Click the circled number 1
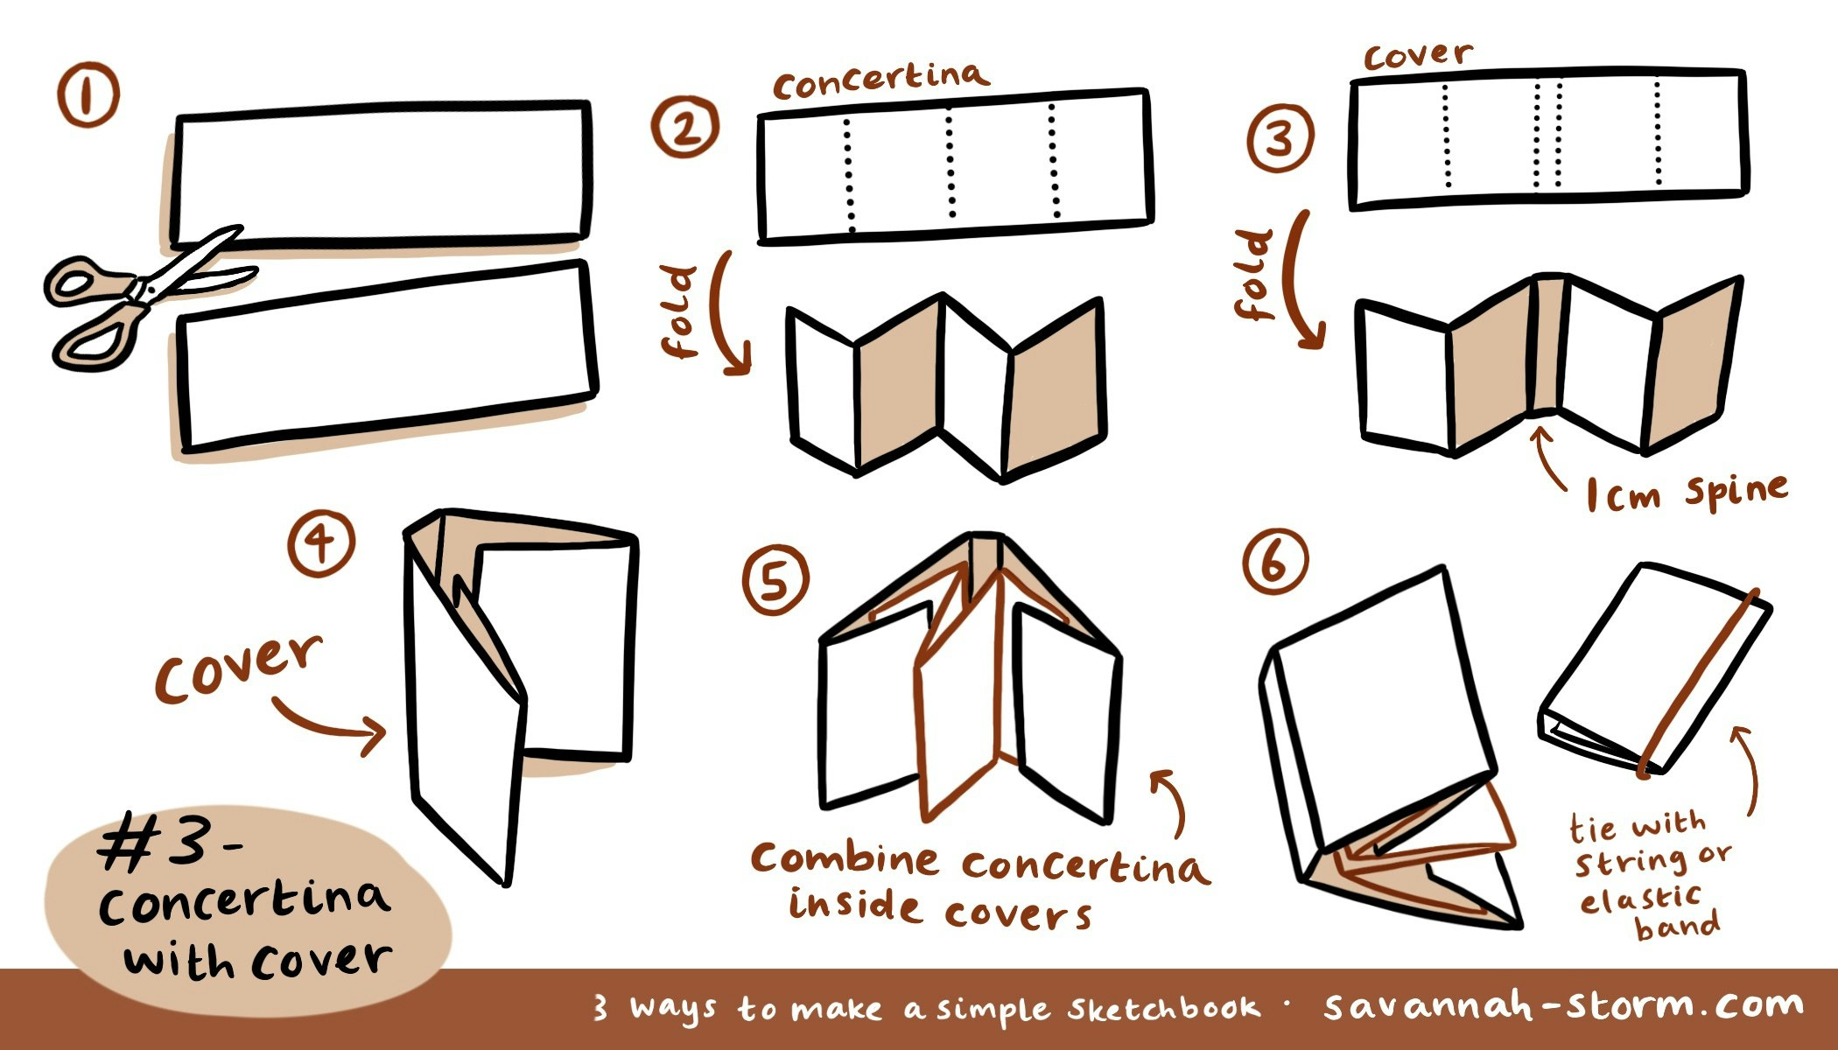point(88,97)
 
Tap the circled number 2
point(684,128)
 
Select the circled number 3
point(1280,139)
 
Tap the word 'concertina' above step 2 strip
point(880,80)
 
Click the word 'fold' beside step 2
point(681,312)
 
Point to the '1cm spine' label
point(1686,493)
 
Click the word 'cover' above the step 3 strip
point(1418,55)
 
